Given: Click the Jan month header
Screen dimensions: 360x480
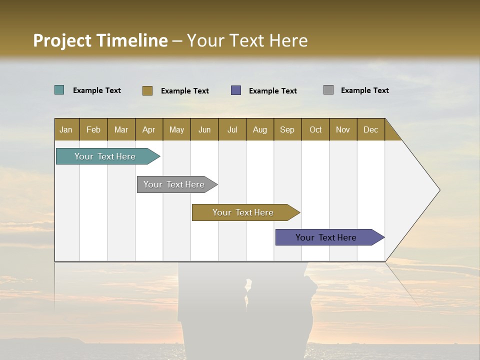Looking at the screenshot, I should (66, 129).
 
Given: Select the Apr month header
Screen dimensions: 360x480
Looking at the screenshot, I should (149, 129).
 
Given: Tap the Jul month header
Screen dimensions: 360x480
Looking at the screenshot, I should (232, 129).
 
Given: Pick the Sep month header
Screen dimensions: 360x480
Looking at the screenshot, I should (287, 129).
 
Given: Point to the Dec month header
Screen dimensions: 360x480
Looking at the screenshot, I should (370, 129).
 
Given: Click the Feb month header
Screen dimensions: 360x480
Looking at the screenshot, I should (93, 129).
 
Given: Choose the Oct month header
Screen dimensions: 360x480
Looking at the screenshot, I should (315, 129).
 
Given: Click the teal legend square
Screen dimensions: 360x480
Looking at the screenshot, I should (59, 90).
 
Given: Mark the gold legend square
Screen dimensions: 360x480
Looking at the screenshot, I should (147, 90).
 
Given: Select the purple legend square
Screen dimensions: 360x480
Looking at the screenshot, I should (236, 90).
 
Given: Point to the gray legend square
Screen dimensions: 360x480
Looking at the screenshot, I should (328, 90).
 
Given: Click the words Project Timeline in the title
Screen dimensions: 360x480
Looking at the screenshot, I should (100, 40).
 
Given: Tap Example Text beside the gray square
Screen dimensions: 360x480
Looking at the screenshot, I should (364, 90).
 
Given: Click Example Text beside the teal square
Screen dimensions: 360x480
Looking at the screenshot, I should (96, 90).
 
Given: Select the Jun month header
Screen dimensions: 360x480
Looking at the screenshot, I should (204, 129).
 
